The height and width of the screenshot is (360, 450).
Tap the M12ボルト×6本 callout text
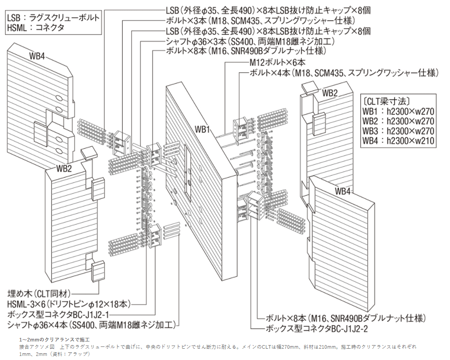pyautogui.click(x=278, y=63)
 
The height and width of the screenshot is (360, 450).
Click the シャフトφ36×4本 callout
pyautogui.click(x=90, y=324)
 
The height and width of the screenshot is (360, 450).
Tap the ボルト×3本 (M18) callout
pyautogui.click(x=261, y=21)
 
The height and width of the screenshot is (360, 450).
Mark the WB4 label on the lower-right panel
pyautogui.click(x=343, y=191)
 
